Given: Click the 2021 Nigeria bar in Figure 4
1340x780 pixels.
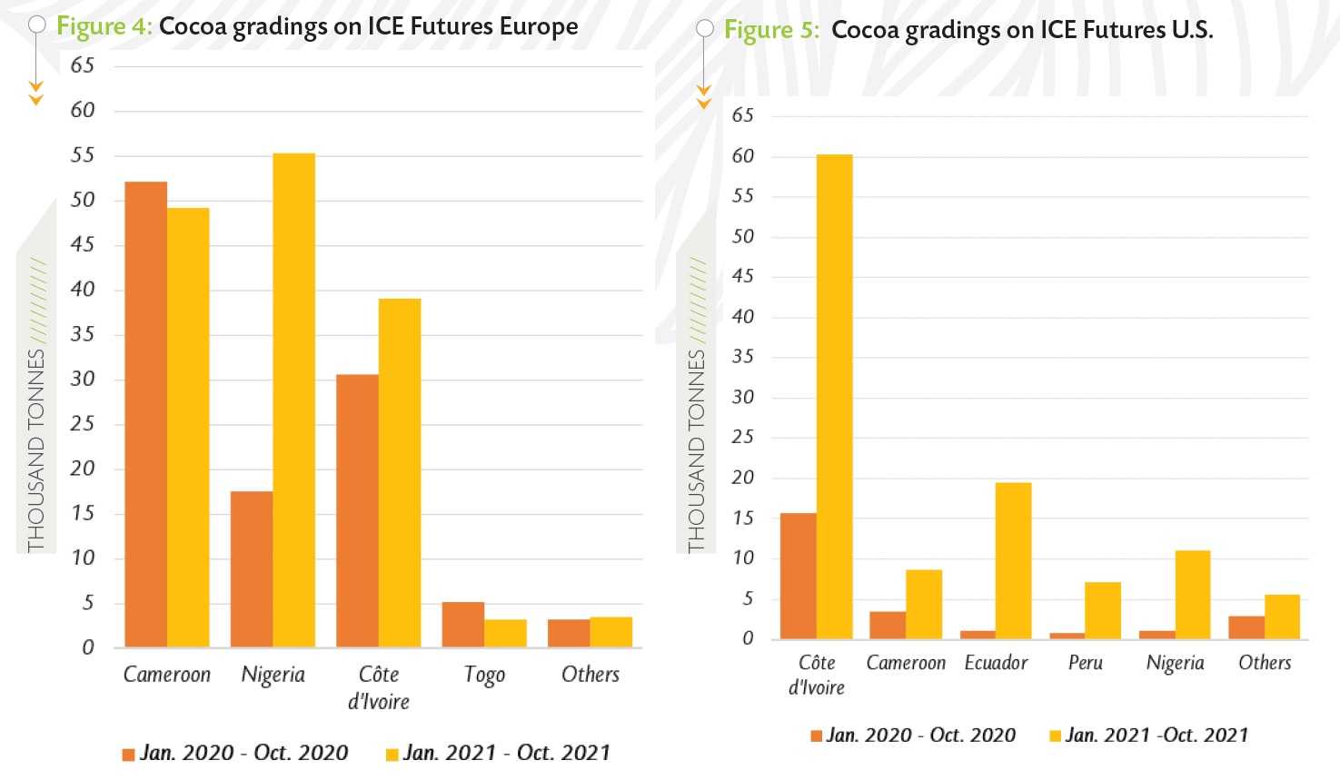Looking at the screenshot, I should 293,400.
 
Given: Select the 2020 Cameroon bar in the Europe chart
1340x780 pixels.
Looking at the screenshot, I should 145,414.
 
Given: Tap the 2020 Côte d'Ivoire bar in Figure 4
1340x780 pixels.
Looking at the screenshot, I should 357,510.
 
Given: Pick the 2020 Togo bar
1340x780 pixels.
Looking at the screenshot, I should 462,625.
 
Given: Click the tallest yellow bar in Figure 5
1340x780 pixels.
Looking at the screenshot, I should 834,397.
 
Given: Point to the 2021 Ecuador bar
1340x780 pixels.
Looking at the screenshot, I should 1013,560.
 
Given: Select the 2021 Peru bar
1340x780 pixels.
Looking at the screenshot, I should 1102,610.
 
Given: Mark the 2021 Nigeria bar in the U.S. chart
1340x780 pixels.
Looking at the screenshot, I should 1192,595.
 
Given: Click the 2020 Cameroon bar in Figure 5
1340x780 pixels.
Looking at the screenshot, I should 888,625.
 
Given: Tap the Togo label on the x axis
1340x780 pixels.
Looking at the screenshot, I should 484,675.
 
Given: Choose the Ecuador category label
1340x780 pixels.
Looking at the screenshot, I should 996,663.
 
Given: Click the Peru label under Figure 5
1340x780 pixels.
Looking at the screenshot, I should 1085,663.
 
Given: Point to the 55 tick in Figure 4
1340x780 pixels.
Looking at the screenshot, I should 83,155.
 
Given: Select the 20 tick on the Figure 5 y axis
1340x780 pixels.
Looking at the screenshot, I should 742,478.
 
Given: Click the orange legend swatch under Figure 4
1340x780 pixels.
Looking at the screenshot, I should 128,755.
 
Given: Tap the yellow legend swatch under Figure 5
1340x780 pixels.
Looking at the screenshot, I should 1055,736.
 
